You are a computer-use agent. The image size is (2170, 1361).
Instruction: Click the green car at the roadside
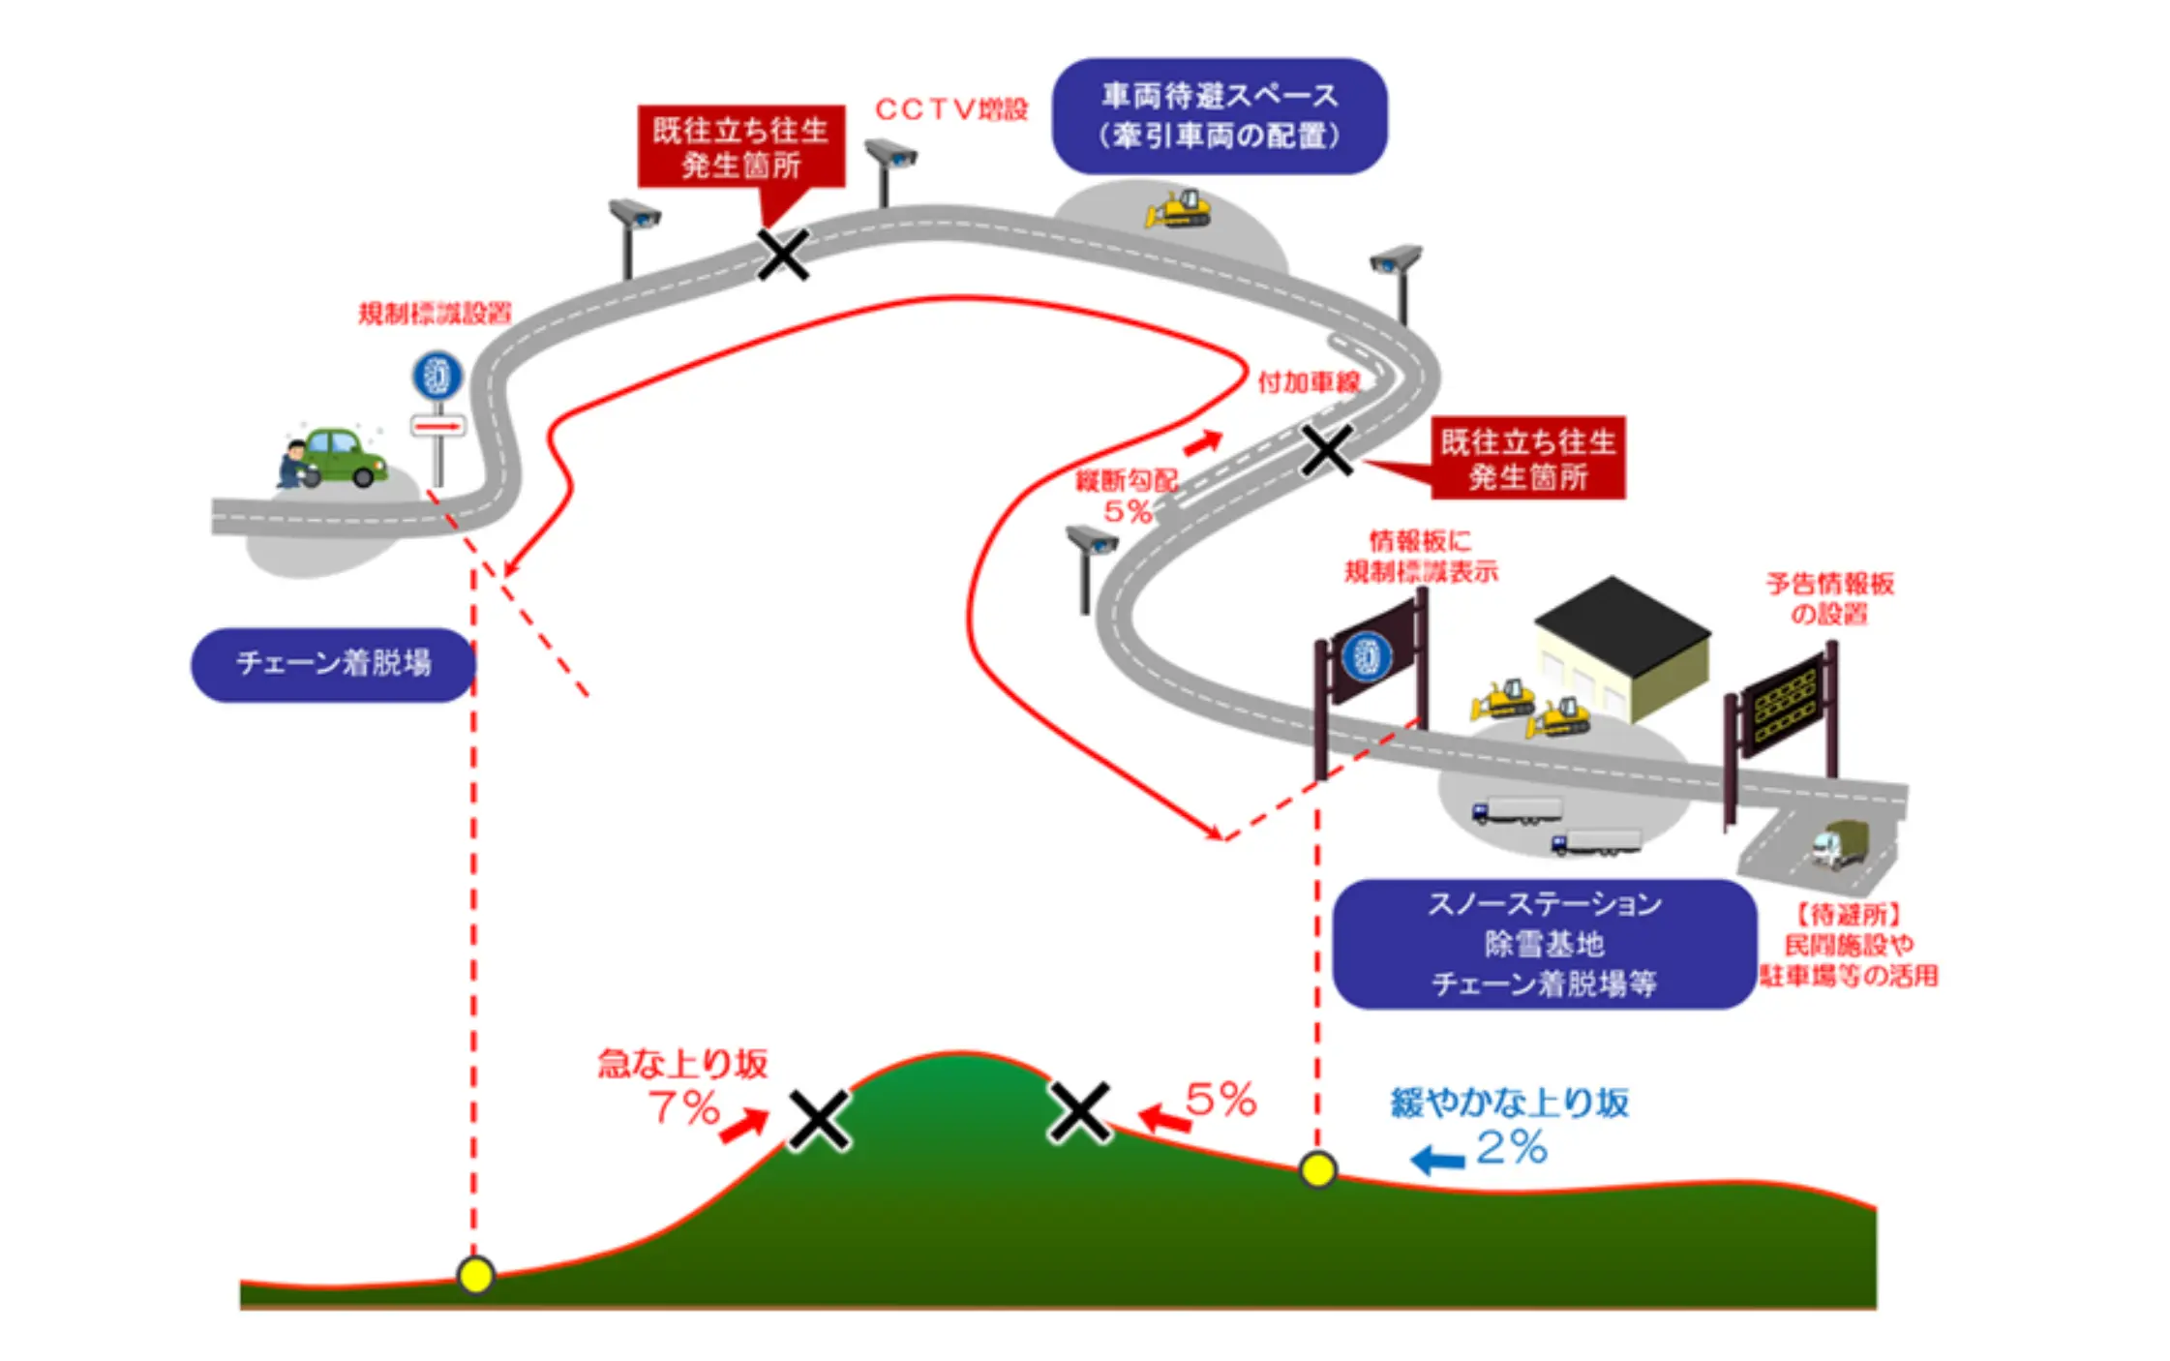[344, 456]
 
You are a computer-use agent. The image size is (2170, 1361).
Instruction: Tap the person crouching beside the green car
[293, 466]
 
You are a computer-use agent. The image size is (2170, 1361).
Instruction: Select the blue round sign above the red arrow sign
[437, 376]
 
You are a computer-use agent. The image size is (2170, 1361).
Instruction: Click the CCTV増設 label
[950, 109]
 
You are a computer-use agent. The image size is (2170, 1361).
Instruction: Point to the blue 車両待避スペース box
[1219, 116]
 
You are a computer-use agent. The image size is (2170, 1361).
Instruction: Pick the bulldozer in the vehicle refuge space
[1180, 209]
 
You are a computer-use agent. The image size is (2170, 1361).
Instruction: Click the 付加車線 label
[1309, 382]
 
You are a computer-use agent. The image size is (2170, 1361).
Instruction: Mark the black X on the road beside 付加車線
[1327, 450]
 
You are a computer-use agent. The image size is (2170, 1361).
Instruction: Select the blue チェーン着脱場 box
[333, 664]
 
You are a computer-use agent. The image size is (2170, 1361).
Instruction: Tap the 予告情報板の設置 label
[1829, 598]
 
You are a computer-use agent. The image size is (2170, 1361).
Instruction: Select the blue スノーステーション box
[1544, 944]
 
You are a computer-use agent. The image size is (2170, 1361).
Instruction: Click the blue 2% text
[1512, 1149]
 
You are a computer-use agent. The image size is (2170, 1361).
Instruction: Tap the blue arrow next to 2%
[1438, 1160]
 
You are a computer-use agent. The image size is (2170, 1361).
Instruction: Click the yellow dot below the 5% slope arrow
[1317, 1169]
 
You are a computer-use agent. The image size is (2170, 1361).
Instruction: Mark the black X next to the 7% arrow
[819, 1120]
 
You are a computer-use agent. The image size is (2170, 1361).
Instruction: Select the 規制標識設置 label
[435, 314]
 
